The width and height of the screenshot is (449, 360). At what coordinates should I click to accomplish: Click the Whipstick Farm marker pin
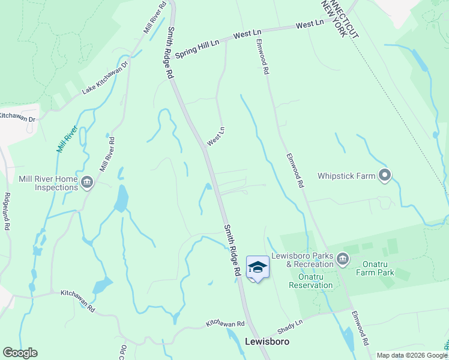pos(385,176)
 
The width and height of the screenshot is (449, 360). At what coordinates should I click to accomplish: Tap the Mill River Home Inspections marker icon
pos(87,182)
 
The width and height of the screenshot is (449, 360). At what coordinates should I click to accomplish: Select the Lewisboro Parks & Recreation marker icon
pos(342,259)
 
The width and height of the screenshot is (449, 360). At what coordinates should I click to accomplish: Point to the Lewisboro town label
pos(268,341)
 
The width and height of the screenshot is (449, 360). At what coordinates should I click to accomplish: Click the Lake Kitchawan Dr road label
pos(106,78)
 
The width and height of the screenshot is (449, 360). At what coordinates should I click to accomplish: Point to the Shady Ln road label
pos(290,327)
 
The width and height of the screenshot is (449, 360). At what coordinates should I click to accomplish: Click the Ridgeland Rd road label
pos(7,211)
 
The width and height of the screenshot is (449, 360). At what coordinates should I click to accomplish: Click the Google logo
pos(20,353)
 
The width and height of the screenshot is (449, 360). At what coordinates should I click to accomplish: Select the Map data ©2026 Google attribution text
pos(412,355)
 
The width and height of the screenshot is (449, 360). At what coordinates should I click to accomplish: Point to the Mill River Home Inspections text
pos(40,183)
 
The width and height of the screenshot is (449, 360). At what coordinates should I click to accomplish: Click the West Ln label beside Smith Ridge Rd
pos(215,136)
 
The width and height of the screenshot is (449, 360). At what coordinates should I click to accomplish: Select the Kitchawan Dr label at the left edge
pos(18,117)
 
